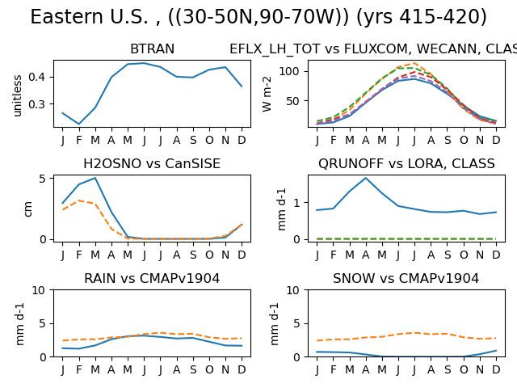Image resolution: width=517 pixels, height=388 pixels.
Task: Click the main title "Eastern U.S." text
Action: (x=90, y=16)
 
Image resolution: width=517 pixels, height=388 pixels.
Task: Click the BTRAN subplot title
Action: (x=152, y=48)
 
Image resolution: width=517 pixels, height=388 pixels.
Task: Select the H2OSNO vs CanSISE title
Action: (x=152, y=163)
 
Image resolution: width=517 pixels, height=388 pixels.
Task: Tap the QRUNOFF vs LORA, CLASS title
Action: (x=406, y=163)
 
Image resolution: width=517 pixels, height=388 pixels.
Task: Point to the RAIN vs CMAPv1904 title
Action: (x=152, y=278)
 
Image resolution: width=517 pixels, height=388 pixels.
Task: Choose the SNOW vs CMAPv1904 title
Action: (x=406, y=278)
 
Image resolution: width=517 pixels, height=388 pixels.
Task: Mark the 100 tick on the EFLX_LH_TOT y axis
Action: (x=289, y=71)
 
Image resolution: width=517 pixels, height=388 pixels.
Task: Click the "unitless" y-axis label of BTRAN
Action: (x=17, y=95)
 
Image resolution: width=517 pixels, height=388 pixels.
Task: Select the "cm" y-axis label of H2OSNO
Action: (x=28, y=209)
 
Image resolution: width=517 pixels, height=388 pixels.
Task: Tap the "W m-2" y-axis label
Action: (x=267, y=94)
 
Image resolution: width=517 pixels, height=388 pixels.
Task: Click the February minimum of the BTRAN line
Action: (x=79, y=124)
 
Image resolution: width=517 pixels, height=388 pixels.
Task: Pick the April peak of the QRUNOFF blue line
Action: (x=366, y=178)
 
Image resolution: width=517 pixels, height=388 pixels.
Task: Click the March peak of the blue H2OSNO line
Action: (x=95, y=178)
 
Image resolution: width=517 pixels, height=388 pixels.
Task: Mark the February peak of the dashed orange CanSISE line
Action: (x=79, y=200)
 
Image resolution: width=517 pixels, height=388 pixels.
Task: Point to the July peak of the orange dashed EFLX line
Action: (x=414, y=63)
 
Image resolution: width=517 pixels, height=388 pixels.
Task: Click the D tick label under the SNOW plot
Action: (x=496, y=370)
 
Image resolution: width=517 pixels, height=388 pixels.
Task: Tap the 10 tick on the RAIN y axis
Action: (x=38, y=290)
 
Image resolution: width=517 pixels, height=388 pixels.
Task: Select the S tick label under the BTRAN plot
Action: (x=193, y=140)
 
